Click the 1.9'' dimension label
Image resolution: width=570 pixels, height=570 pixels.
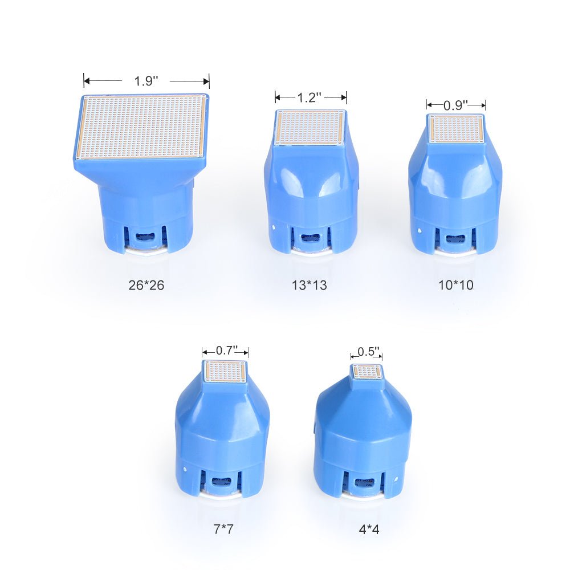point(146,81)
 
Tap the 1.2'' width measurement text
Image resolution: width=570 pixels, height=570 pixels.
point(310,97)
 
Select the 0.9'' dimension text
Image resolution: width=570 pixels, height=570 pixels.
point(455,105)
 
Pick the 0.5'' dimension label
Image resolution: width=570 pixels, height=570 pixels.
point(368,352)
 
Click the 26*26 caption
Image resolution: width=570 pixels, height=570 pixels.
point(146,285)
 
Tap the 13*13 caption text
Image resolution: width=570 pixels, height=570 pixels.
point(310,285)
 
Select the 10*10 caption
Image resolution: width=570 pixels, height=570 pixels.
point(456,285)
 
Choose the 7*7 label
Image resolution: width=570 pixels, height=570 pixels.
point(223,529)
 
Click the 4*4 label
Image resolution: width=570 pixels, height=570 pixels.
point(369,530)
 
